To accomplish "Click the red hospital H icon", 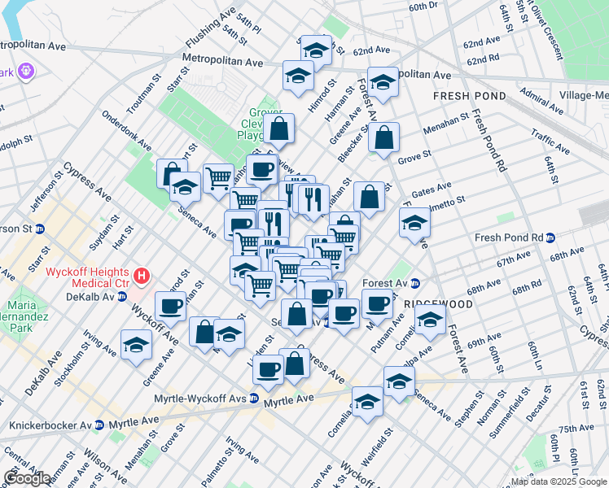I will click(x=142, y=277).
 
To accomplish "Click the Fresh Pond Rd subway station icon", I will click(x=550, y=238).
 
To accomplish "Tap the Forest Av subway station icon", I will click(x=414, y=284).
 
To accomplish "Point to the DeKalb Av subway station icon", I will click(x=122, y=296).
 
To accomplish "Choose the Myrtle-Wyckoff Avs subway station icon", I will click(x=255, y=399).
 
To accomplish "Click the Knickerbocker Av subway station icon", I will click(x=99, y=425).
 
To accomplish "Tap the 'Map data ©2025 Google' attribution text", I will click(x=558, y=482).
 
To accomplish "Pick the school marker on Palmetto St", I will click(x=414, y=223).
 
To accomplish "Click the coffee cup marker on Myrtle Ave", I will click(x=268, y=370).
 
